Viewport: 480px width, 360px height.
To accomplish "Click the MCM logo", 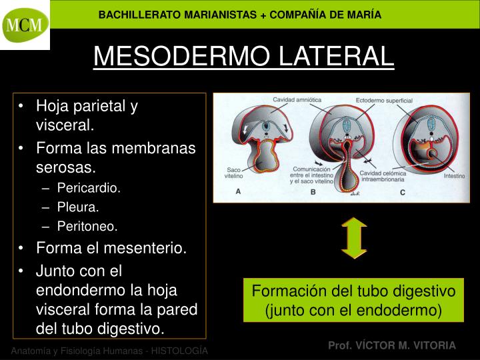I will coord(25,25).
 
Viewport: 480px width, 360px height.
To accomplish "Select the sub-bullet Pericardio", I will coord(89,188).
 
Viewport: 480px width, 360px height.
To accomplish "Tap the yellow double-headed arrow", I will coord(354,237).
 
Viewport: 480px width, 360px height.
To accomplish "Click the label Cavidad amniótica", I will coord(297,100).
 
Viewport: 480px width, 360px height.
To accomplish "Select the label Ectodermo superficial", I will coord(384,100).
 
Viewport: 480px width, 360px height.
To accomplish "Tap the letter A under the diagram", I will coord(239,192).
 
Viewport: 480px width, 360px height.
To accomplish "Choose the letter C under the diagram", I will coord(402,192).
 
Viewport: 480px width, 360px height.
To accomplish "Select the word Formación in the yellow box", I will coord(285,292).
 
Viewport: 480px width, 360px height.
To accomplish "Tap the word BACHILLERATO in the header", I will coord(137,15).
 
